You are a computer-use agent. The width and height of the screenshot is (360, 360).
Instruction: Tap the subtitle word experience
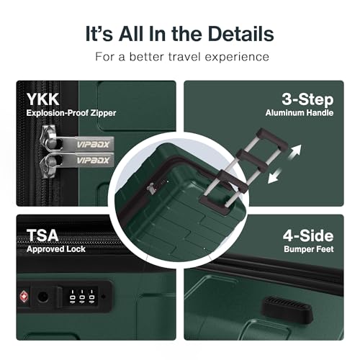(x=237, y=57)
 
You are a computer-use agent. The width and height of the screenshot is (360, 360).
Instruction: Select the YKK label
(x=42, y=99)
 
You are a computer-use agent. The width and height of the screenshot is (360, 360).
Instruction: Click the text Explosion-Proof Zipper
(x=71, y=113)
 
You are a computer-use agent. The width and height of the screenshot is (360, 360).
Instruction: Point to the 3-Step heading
(x=307, y=99)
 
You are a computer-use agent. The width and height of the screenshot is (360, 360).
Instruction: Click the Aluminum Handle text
(x=300, y=113)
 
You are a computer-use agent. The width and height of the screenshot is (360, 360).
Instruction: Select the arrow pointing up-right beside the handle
(x=294, y=151)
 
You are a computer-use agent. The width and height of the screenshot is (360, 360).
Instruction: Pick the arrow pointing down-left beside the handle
(x=274, y=176)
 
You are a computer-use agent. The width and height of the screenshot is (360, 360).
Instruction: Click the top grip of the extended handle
(x=272, y=138)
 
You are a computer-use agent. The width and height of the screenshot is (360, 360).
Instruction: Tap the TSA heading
(x=42, y=235)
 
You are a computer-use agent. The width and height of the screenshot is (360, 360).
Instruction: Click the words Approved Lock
(x=56, y=249)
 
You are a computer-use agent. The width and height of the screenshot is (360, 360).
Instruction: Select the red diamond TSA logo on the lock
(x=24, y=297)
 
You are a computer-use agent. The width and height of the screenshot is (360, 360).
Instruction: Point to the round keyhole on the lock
(x=43, y=297)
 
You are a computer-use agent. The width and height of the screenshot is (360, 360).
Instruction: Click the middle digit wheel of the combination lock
(x=82, y=296)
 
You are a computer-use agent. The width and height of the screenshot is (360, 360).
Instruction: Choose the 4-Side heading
(x=308, y=235)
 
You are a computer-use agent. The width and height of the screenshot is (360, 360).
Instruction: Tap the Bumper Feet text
(x=309, y=249)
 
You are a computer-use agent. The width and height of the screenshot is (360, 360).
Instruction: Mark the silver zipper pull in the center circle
(x=150, y=189)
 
